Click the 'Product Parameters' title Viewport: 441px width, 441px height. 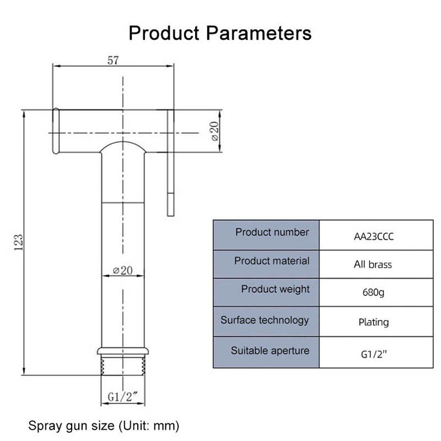220,33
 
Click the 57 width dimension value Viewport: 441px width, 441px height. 113,61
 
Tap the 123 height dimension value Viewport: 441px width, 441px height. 19,241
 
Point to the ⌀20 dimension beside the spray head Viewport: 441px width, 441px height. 214,130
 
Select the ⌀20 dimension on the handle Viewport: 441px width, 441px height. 122,271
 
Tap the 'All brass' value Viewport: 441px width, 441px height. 373,265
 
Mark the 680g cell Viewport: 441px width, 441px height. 373,292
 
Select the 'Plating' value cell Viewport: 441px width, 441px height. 373,322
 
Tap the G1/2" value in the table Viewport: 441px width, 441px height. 373,352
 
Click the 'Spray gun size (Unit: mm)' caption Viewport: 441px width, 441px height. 104,426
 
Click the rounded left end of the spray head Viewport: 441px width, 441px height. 56,130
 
